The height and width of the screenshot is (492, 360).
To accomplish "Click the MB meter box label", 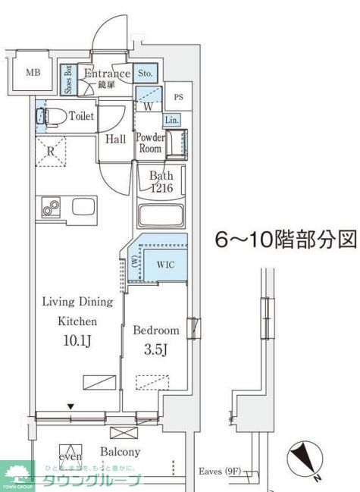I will coord(33,73).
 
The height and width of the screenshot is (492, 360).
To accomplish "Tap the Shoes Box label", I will coord(67,80).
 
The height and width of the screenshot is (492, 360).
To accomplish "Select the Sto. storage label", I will coord(146,74).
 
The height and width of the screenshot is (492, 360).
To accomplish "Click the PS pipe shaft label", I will coord(178,97).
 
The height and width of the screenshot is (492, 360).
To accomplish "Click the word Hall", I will coord(116,139).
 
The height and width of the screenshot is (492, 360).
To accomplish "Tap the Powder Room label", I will coord(150,143).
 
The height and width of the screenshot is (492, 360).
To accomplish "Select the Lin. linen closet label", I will coord(171,120).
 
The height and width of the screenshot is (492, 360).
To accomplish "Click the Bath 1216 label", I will coord(161,182).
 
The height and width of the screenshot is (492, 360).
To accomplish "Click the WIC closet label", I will coord(165,264).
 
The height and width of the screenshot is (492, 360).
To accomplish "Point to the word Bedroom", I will coord(156,331).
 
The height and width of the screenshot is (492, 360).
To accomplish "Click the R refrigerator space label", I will coord(50,150).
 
